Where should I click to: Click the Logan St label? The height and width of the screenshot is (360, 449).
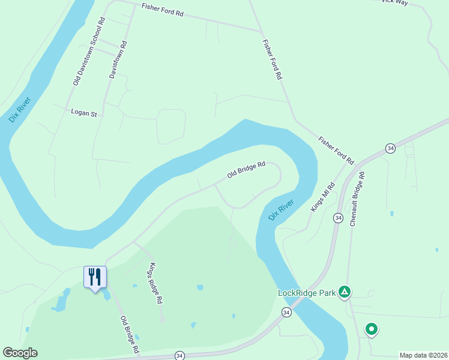coord(83,112)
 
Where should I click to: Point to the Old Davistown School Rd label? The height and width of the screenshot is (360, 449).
coord(89,51)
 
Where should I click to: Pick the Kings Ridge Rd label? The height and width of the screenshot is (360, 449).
coord(156,283)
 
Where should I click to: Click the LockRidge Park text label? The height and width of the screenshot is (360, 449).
coord(306,293)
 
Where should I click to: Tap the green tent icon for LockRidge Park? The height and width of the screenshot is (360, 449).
coord(344,293)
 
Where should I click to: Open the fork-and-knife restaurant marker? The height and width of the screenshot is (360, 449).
coord(95,277)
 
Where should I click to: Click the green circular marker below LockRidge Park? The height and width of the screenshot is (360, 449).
coord(372,329)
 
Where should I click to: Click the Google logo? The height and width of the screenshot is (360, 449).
coord(20,353)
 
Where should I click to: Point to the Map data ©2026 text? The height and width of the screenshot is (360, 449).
coord(423,355)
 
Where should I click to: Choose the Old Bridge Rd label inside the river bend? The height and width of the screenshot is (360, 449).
coord(246,170)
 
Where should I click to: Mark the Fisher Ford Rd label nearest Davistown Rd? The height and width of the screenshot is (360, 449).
coord(162,10)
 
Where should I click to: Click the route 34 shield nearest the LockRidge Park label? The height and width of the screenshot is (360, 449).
coord(286,313)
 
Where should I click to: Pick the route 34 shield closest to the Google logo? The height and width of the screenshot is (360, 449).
coord(179,356)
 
